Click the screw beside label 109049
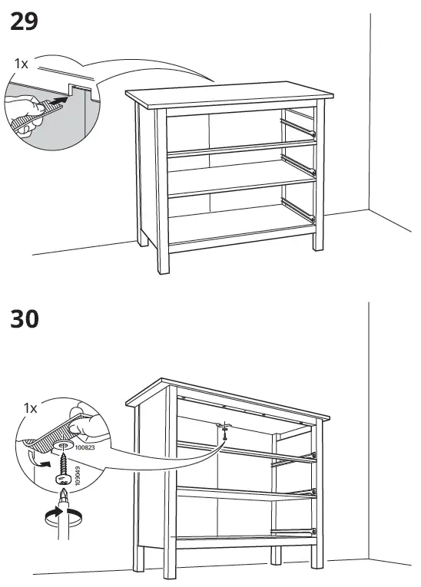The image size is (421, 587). [64, 463]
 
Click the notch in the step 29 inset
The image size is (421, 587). [77, 91]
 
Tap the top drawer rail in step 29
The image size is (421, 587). [298, 126]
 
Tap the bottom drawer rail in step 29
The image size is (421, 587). [298, 210]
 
